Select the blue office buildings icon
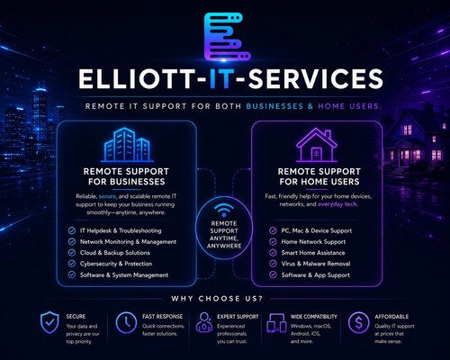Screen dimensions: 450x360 click(127, 145)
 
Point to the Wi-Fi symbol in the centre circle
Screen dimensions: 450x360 click(224, 210)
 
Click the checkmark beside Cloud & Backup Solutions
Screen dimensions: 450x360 click(72, 253)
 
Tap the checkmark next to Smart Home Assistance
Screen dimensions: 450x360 click(273, 253)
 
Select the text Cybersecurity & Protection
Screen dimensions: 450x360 click(116, 264)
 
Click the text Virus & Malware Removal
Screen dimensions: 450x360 click(316, 264)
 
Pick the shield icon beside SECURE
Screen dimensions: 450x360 click(49, 322)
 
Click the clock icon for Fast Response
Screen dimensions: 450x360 click(126, 322)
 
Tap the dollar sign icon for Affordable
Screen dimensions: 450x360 click(358, 322)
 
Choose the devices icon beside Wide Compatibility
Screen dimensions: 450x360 click(276, 323)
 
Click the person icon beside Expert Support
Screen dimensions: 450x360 click(204, 322)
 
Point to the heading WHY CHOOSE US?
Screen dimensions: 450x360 click(217, 299)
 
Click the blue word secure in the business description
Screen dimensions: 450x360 click(107, 196)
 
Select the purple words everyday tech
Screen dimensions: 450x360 click(337, 204)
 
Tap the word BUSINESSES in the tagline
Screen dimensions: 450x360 click(274, 106)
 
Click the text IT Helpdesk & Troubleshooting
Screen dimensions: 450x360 click(121, 230)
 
